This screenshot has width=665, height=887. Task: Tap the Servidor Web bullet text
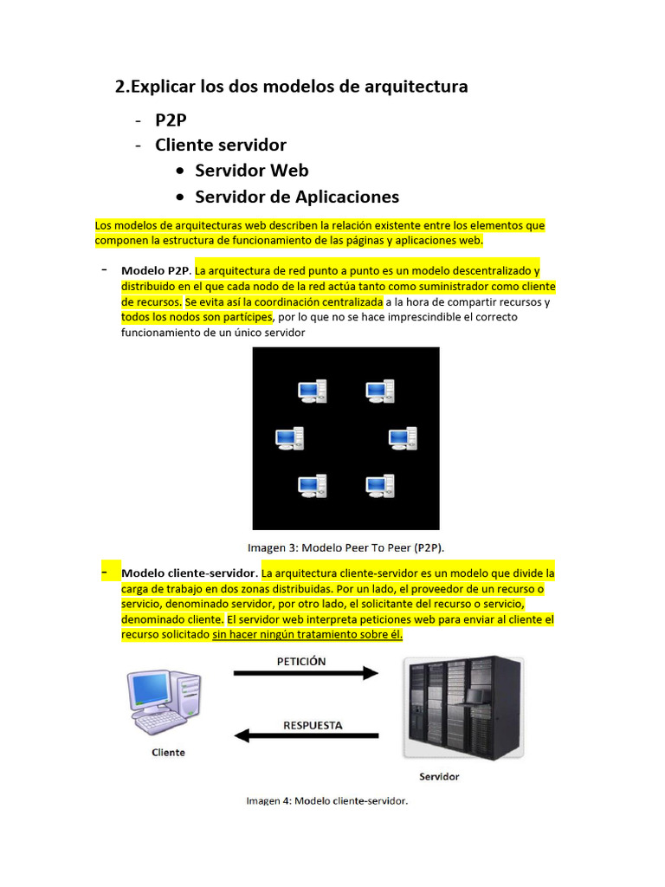[251, 171]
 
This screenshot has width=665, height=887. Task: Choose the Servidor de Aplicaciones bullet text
[297, 197]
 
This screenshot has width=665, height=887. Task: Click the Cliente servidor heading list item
[221, 145]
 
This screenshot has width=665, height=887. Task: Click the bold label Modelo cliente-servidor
[189, 573]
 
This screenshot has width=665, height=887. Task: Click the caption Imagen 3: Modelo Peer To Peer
[345, 547]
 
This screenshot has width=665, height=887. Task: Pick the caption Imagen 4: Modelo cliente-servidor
[326, 801]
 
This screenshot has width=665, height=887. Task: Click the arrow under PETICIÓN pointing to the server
[307, 673]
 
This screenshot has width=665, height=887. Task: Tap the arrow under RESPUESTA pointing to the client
[307, 736]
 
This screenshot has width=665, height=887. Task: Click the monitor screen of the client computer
[150, 689]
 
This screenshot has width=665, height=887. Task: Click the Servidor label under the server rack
[439, 776]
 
